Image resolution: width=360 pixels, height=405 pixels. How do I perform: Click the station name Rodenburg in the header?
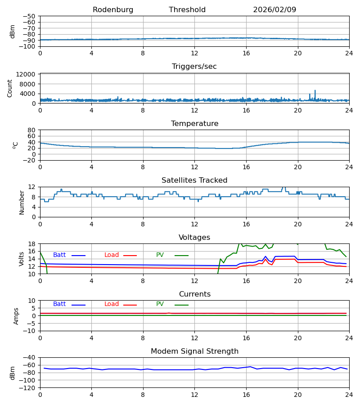[x=113, y=10]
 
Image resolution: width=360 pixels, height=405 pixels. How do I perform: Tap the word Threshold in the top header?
[x=187, y=10]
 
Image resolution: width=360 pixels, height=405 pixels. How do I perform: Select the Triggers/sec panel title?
[x=194, y=67]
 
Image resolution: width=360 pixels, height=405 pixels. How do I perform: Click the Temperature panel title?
[x=194, y=124]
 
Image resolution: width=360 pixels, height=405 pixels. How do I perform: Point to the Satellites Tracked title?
[x=194, y=180]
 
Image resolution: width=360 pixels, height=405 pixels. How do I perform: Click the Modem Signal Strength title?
[x=194, y=351]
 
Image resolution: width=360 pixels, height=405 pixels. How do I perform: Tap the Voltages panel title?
[x=194, y=238]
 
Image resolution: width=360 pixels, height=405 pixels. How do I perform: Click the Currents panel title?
[x=194, y=294]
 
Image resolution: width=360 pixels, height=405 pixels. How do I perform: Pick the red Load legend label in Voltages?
[x=112, y=255]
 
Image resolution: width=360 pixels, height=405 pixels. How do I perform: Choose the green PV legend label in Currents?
[x=160, y=304]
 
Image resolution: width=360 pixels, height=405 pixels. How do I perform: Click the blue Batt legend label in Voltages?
[x=59, y=255]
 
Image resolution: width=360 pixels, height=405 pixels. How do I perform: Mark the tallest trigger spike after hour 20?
[x=315, y=90]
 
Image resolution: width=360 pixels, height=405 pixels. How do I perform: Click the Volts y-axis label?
[x=22, y=259]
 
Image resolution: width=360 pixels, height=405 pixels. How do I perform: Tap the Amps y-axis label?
[x=16, y=316]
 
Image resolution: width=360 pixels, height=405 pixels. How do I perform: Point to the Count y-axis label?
[x=10, y=88]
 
